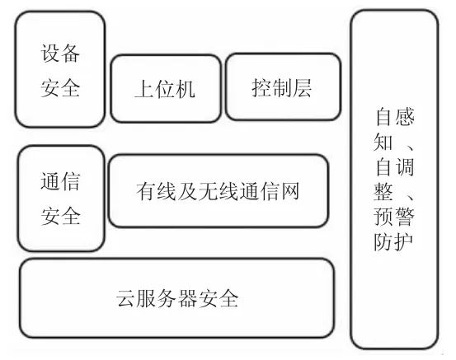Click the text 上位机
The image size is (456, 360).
165,88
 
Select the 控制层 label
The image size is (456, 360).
281,88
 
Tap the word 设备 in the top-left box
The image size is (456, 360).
60,54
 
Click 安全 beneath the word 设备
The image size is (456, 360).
60,87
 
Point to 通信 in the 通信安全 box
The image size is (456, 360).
60,181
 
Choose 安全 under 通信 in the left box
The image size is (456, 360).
60,216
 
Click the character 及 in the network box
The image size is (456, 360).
187,191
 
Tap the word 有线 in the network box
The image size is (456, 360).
156,191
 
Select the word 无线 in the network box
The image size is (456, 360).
219,191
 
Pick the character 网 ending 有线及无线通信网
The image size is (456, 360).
289,191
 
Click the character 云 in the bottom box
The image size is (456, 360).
125,298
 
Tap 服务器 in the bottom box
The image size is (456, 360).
167,298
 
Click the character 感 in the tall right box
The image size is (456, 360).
405,116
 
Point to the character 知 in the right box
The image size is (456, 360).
383,142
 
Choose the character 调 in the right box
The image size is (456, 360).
405,166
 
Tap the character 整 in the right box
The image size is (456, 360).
383,191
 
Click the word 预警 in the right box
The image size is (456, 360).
394,217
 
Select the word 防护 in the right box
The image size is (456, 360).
394,241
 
